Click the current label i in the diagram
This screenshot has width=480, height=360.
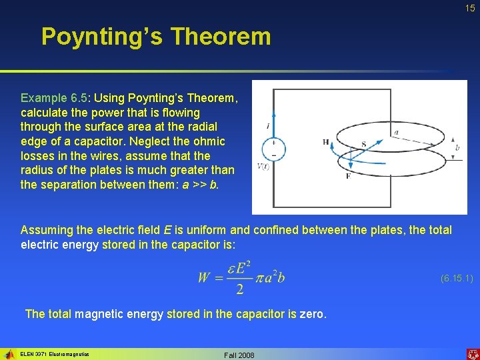pos(267,125)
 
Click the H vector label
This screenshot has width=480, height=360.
pos(325,142)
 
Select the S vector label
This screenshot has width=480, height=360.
pos(363,144)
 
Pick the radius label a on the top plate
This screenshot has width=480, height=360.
pos(396,132)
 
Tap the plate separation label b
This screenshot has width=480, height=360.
pos(457,147)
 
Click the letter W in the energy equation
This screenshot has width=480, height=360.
pos(204,277)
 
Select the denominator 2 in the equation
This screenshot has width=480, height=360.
pos(239,290)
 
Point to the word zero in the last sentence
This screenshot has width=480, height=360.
pos(311,314)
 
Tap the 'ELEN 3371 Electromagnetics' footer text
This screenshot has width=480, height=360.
pos(55,354)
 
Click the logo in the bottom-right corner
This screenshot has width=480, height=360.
pos(472,353)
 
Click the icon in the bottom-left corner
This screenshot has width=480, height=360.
pos(9,354)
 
